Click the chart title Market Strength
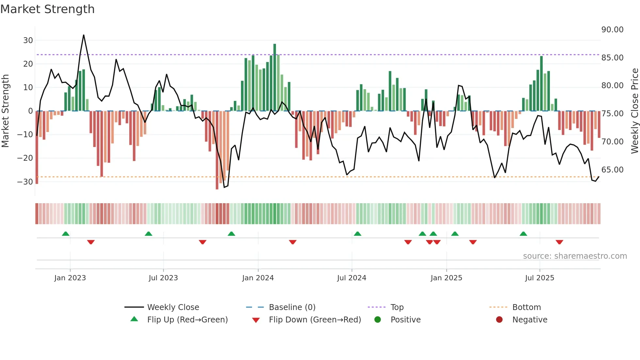click(47, 9)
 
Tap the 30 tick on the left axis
click(28, 41)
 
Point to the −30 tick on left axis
click(25, 182)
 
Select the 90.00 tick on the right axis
click(612, 30)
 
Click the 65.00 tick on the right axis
click(612, 170)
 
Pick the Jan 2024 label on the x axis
click(258, 278)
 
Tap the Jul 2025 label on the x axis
click(539, 278)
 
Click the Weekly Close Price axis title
click(634, 111)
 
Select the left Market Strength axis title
click(5, 111)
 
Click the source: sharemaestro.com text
click(575, 256)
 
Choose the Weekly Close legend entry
click(173, 307)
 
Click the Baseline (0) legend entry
click(292, 307)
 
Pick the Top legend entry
click(397, 307)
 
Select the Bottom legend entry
click(526, 307)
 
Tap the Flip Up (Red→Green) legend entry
click(187, 320)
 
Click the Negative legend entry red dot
click(499, 320)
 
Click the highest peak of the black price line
click(84, 35)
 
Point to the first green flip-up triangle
click(66, 234)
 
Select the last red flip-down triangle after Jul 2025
click(559, 242)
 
